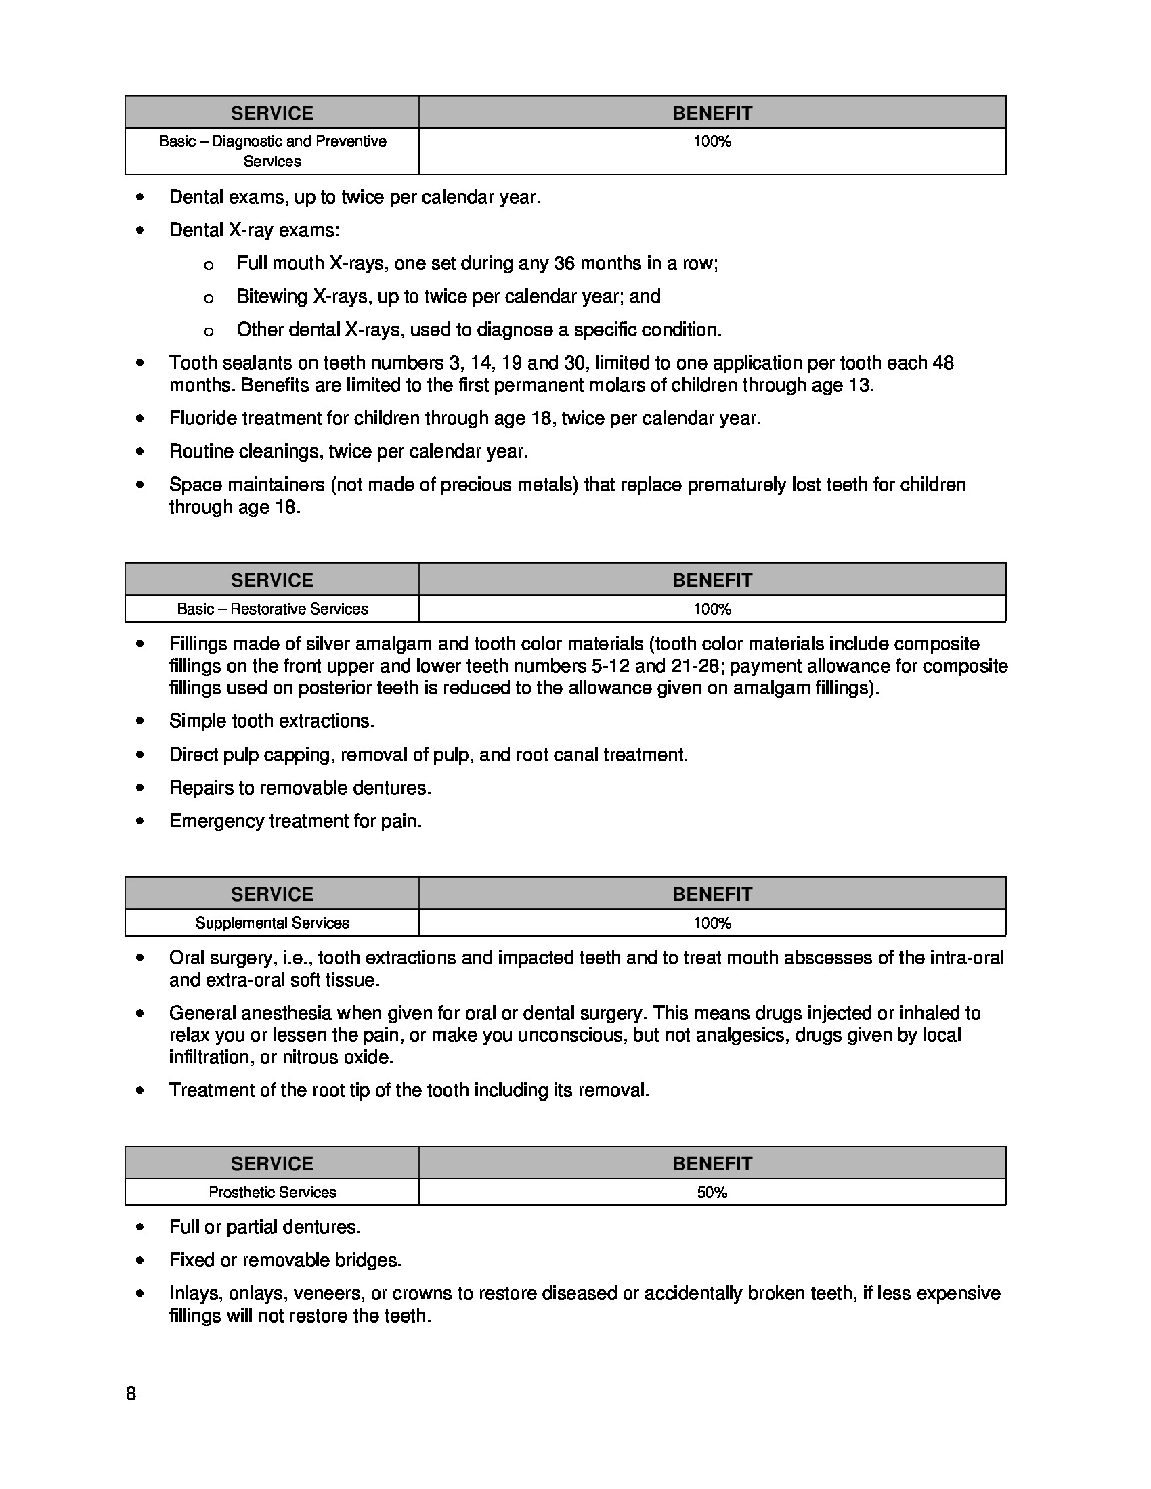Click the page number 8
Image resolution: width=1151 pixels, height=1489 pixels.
point(131,1394)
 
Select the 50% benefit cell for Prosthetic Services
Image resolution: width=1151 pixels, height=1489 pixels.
point(712,1193)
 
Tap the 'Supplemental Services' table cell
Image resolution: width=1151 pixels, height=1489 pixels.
point(272,923)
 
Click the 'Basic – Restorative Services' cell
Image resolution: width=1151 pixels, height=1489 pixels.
point(272,609)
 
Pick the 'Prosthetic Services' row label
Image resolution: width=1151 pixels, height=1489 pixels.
point(272,1193)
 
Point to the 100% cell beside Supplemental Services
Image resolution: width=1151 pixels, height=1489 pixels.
point(712,923)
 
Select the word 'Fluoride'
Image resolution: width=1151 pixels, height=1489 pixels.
point(200,418)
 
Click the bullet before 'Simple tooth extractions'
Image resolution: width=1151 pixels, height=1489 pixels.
point(140,721)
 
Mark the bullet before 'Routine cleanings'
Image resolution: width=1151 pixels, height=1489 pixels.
point(140,451)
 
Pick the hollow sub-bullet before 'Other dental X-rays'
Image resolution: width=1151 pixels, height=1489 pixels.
point(209,332)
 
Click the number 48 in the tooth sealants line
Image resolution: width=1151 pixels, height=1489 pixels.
point(942,363)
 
